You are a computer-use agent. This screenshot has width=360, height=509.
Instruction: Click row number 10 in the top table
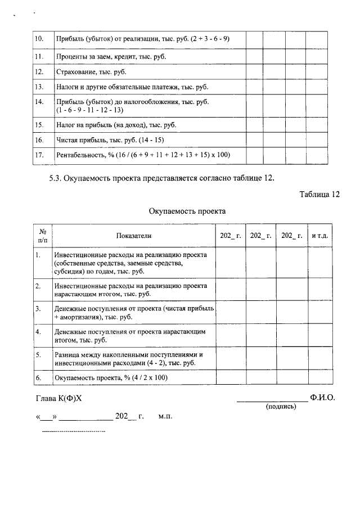[39, 39]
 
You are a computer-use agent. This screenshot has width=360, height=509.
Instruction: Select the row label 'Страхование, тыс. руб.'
[91, 72]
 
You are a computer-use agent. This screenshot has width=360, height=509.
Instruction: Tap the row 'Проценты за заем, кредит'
[111, 57]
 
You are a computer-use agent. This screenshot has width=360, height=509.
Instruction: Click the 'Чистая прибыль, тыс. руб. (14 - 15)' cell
[110, 139]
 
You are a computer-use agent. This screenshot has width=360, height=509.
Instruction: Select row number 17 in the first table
[39, 155]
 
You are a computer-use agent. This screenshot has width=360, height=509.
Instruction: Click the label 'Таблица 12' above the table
[320, 195]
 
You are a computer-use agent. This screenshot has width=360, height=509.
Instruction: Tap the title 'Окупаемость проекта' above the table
[187, 211]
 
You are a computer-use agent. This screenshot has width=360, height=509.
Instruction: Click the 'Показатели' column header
[134, 236]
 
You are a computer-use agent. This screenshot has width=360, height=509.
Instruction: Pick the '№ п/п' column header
[42, 236]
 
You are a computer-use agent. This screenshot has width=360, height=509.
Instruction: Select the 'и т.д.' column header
[320, 236]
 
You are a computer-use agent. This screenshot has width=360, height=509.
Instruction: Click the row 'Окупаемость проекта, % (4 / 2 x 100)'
[112, 378]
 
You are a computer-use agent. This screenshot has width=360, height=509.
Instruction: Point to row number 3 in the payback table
[38, 309]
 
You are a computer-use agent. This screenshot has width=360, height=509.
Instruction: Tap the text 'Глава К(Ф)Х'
[58, 398]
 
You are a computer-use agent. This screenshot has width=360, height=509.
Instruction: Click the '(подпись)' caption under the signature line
[281, 407]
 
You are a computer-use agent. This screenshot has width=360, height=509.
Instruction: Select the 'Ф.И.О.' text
[322, 398]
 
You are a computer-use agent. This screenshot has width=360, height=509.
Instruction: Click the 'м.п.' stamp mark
[165, 417]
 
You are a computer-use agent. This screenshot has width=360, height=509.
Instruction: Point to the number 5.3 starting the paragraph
[55, 178]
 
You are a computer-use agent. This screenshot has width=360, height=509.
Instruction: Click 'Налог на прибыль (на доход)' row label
[120, 124]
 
